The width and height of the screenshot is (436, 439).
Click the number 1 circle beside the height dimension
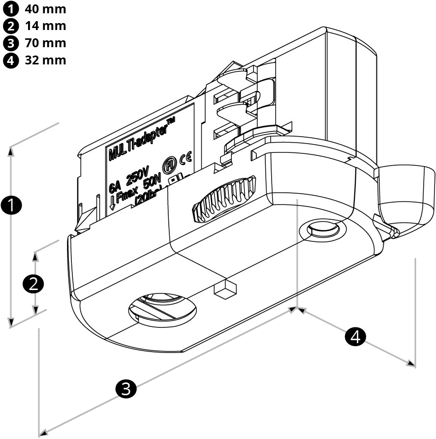point(11,205)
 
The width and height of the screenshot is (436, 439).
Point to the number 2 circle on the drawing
point(34,284)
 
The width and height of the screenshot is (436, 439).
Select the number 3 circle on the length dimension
point(125,388)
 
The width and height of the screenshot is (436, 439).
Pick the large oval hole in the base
point(162,310)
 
